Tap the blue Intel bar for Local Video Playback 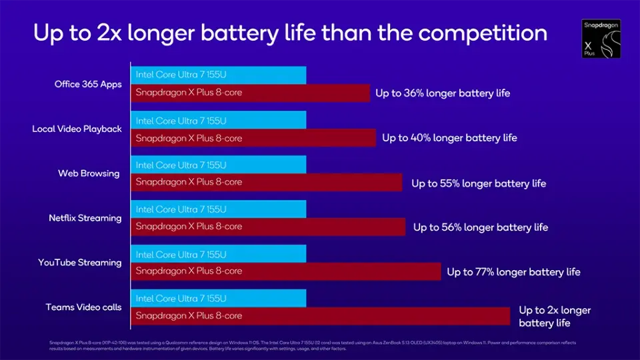coord(219,121)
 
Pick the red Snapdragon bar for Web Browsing coord(267,182)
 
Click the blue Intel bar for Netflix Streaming coord(219,209)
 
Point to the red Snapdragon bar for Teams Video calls coord(320,316)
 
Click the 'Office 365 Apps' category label coord(88,85)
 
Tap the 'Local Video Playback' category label coord(77,129)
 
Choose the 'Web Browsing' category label coord(89,173)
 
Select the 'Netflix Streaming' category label coord(85,218)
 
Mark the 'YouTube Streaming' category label coord(80,263)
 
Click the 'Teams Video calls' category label coord(83,307)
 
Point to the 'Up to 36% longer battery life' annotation coord(443,93)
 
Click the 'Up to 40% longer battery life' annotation coord(449,138)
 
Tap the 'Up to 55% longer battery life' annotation coord(479,183)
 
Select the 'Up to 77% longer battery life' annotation coord(513,272)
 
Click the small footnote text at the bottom coord(313,345)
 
